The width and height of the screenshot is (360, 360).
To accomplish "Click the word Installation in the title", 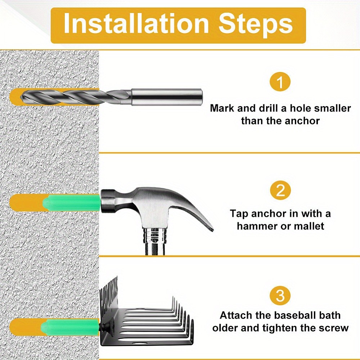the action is pyautogui.click(x=136, y=23).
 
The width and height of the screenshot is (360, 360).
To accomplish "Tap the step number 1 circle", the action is pyautogui.click(x=280, y=82).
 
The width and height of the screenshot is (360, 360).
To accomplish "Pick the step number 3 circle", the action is pyautogui.click(x=280, y=296).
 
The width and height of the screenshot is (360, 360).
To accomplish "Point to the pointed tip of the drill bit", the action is pyautogui.click(x=22, y=97).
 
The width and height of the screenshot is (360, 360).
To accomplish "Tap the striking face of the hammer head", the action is pyautogui.click(x=103, y=201).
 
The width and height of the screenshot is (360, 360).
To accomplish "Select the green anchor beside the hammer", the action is pyautogui.click(x=71, y=203).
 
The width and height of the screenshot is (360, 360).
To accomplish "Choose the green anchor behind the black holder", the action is pyautogui.click(x=70, y=327).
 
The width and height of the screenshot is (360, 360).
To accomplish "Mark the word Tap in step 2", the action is pyautogui.click(x=239, y=214).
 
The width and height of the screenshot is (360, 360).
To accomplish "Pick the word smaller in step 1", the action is pyautogui.click(x=332, y=108).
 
